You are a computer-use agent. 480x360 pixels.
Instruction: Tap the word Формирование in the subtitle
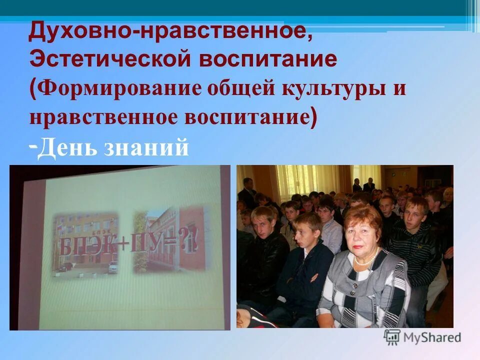(118, 89)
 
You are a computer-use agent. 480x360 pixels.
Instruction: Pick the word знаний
(146, 148)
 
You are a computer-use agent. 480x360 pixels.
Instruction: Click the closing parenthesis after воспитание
(313, 118)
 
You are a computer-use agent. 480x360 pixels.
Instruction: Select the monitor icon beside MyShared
(392, 337)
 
